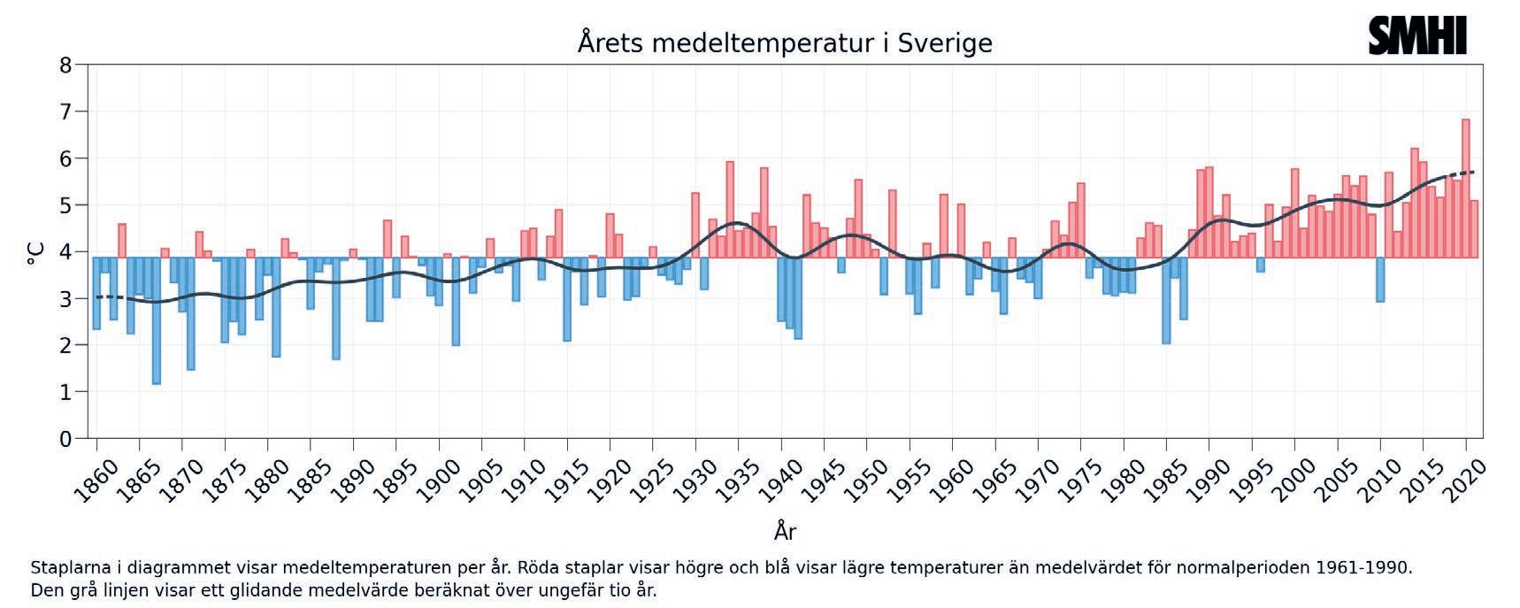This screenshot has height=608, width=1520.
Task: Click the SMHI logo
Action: click(1416, 36)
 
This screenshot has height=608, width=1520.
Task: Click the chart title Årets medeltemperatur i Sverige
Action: click(785, 42)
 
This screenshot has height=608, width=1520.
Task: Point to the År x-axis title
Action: click(785, 531)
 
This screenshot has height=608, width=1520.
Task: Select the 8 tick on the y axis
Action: click(65, 65)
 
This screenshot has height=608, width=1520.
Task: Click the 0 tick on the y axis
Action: click(65, 439)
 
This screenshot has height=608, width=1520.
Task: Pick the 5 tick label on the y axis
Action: click(65, 205)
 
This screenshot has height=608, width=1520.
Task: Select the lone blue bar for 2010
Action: click(1380, 279)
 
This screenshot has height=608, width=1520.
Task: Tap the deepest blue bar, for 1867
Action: click(157, 319)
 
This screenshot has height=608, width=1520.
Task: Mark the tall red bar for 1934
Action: click(730, 209)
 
